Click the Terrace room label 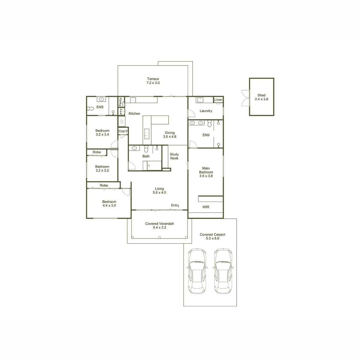point(153,79)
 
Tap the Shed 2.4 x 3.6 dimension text point(261,99)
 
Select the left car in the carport point(197,271)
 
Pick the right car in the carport point(223,271)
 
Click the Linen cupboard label point(218,100)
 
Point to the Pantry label point(121,102)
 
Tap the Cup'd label point(123,131)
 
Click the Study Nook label point(174,156)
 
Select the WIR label point(206,207)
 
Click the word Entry point(175,205)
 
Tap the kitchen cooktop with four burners point(133,100)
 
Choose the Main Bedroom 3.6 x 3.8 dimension point(206,176)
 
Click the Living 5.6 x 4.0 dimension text point(159,193)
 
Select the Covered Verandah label point(160,223)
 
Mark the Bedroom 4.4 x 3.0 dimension point(109,205)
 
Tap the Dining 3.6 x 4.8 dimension point(169,136)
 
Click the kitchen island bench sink point(147,134)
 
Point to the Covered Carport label point(212,235)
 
